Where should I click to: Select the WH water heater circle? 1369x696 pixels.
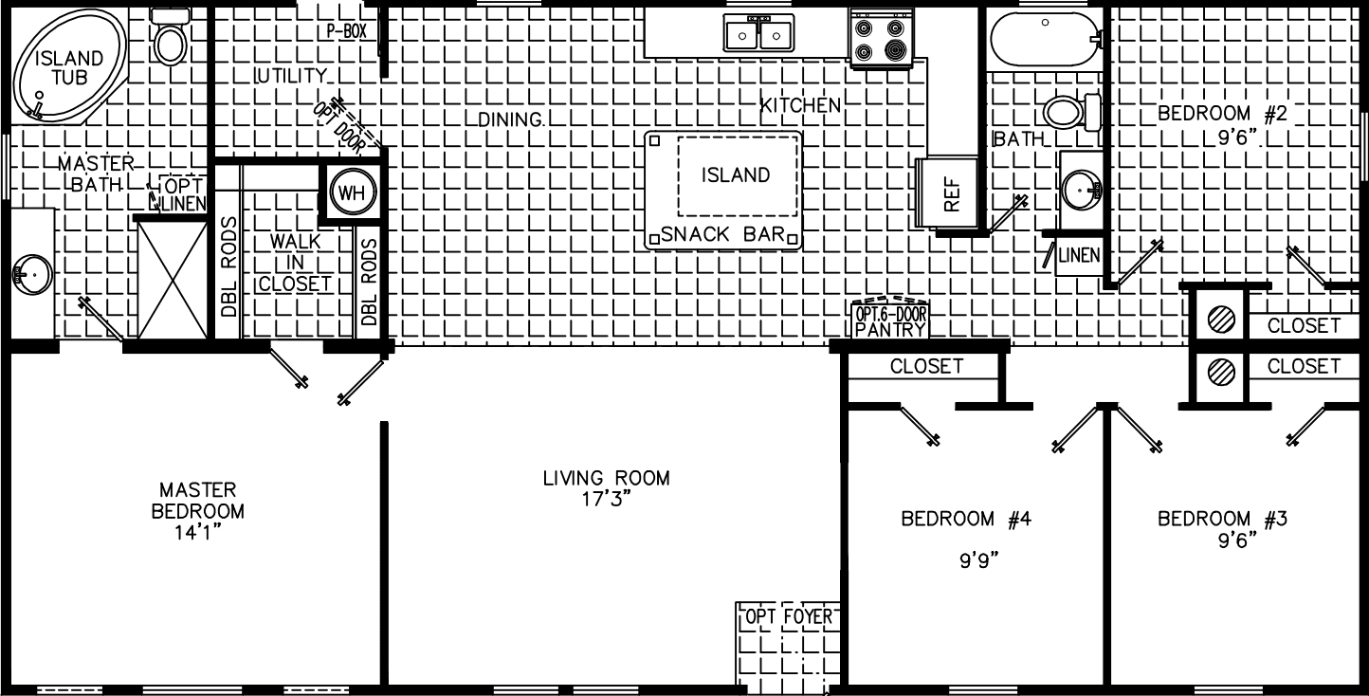point(351,193)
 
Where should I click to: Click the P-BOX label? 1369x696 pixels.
point(346,30)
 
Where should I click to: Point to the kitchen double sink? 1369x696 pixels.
point(758,35)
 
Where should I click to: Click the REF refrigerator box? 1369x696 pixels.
point(952,193)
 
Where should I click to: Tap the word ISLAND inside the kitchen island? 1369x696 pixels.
point(736,175)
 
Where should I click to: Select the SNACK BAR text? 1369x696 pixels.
point(723,234)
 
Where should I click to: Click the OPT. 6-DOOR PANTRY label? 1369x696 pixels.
point(890,321)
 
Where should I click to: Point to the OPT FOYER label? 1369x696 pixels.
point(789,618)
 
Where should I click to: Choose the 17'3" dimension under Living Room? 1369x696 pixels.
point(606,500)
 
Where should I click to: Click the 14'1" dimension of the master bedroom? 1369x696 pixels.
point(196,533)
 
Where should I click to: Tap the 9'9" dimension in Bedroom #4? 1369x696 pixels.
point(978,559)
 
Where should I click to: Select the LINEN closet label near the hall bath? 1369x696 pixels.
point(1080,255)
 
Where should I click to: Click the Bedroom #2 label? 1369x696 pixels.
point(1221,114)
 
